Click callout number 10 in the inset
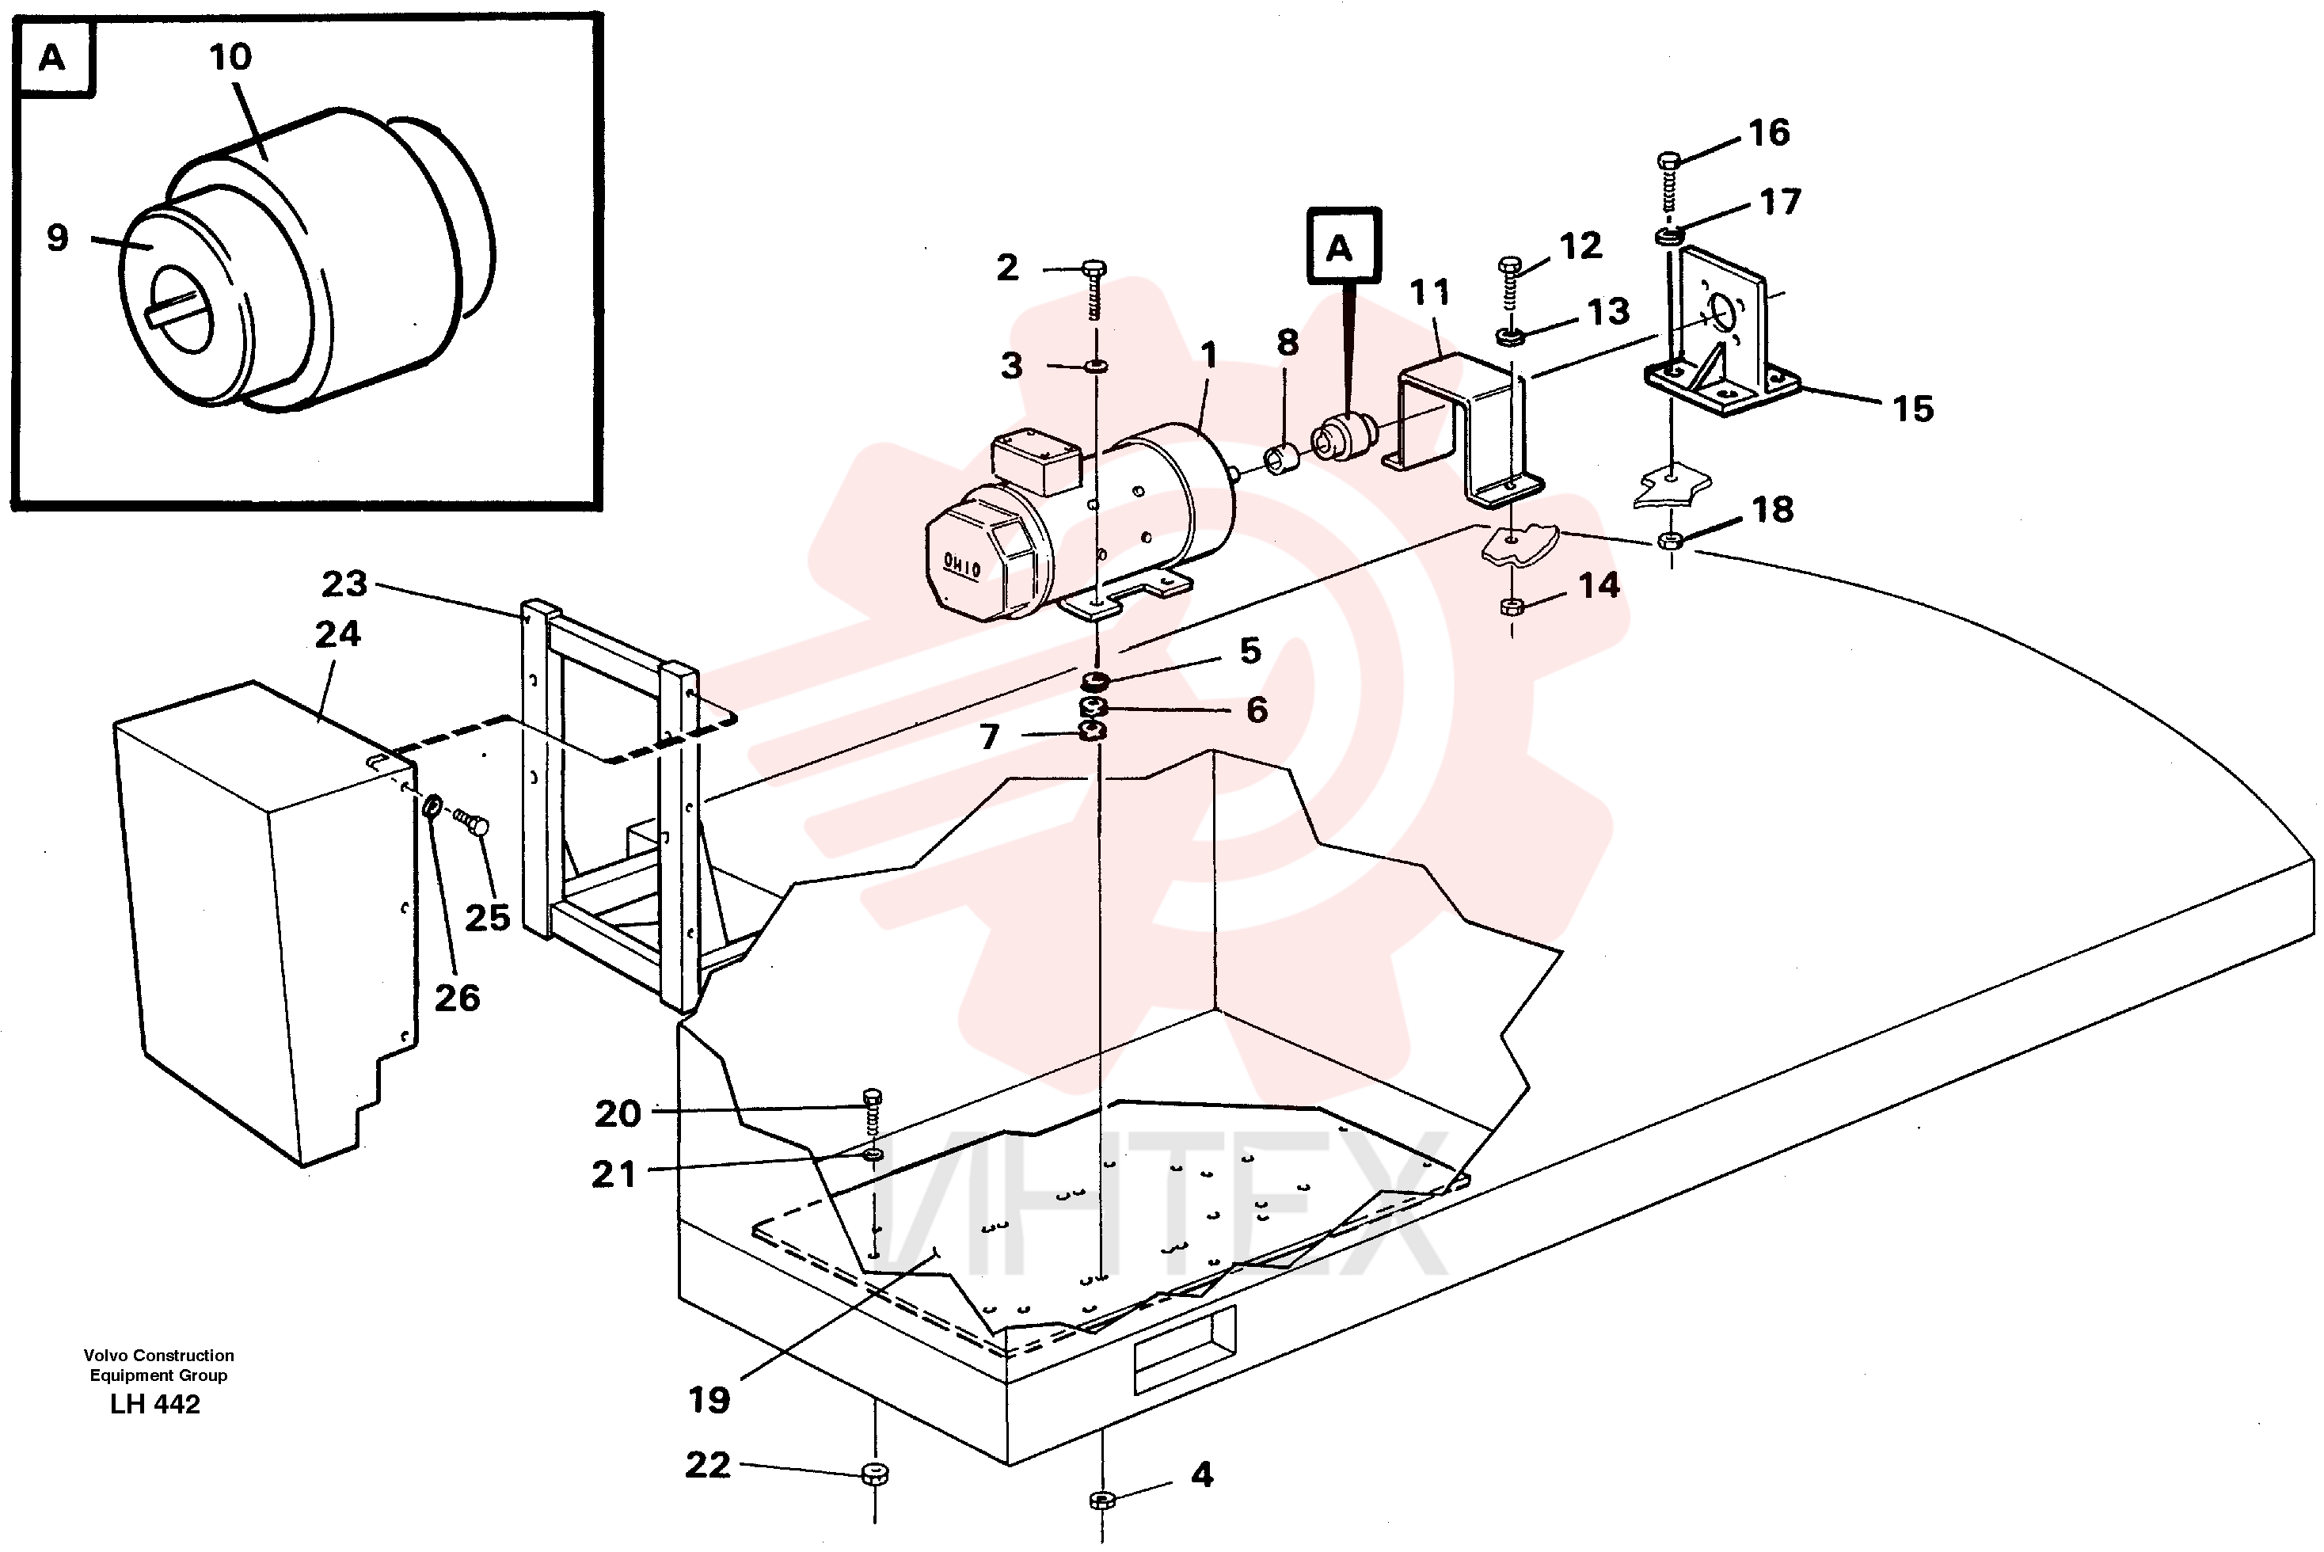click(x=230, y=56)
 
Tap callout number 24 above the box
click(x=337, y=633)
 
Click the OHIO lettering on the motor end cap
click(x=961, y=566)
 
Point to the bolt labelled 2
click(x=1094, y=289)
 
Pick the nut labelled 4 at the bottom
click(x=1102, y=1500)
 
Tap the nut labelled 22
click(x=875, y=1473)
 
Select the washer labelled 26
click(x=432, y=808)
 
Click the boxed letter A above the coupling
click(x=1343, y=246)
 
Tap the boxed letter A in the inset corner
click(x=54, y=59)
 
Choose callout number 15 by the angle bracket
click(x=1912, y=408)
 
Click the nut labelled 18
click(x=1670, y=540)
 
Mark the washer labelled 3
click(x=1096, y=366)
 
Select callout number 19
click(x=709, y=1400)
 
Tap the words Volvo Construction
click(x=158, y=1355)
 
